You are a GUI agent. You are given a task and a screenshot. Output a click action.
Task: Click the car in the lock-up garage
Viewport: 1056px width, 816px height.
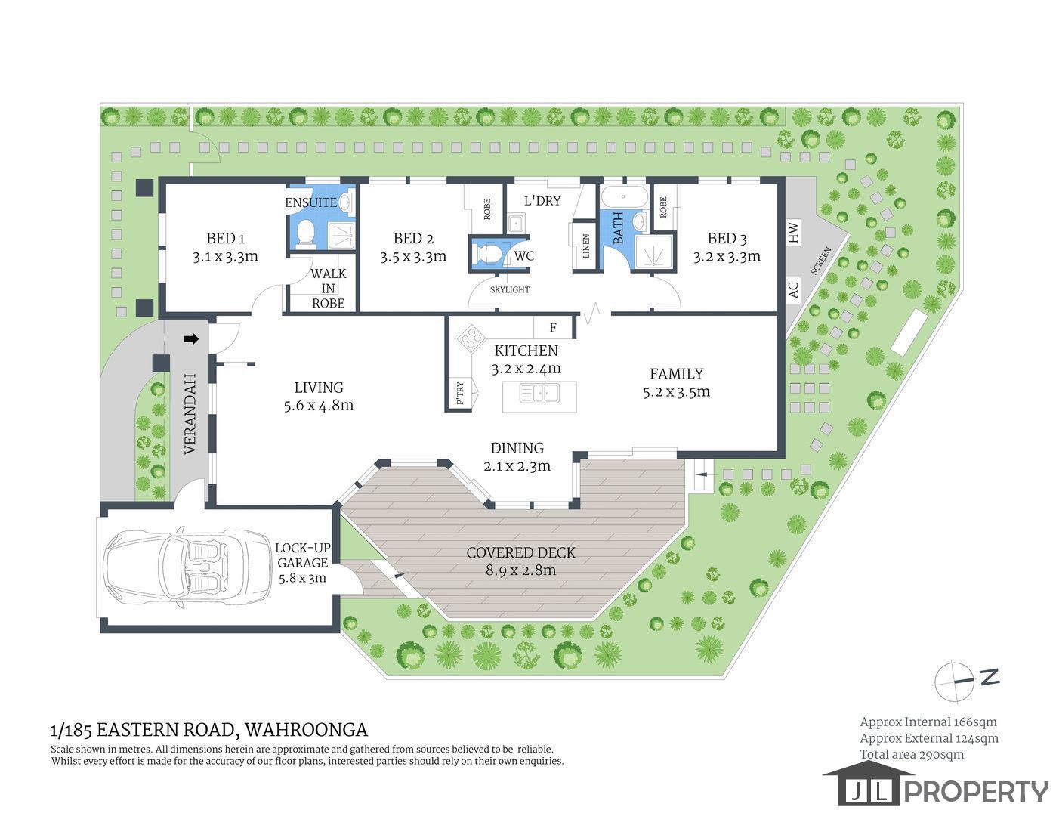pos(188,567)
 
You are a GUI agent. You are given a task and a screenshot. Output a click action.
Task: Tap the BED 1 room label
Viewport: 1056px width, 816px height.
pos(226,238)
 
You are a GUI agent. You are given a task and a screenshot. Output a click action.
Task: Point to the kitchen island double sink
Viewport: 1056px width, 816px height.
pos(539,393)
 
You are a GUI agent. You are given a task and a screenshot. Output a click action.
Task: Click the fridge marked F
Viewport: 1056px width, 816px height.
pos(553,328)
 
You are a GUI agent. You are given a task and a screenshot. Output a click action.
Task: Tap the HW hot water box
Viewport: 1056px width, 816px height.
pos(793,232)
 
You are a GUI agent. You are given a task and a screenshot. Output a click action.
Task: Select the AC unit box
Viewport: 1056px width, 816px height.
pos(793,290)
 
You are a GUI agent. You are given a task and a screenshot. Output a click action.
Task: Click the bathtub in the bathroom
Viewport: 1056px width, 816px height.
pos(625,197)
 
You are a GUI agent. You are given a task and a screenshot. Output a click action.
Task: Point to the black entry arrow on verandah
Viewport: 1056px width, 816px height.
pos(191,338)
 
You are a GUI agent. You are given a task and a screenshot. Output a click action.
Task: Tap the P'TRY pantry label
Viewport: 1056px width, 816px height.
pos(460,393)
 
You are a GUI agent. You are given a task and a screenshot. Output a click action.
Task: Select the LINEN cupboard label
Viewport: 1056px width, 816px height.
pos(586,246)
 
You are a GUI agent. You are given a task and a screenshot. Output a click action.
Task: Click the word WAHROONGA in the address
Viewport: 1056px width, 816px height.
pos(306,730)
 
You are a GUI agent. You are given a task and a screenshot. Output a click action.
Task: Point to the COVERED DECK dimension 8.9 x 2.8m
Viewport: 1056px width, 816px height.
pos(521,570)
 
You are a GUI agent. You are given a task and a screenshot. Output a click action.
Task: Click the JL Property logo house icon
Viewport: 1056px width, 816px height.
pos(869,784)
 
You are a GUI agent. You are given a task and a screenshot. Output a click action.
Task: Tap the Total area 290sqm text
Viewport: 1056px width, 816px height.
pos(912,754)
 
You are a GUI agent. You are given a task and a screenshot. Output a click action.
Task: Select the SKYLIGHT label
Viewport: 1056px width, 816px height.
pos(510,289)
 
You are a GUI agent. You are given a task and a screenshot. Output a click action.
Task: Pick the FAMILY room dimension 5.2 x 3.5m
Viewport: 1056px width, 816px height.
pos(677,391)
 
